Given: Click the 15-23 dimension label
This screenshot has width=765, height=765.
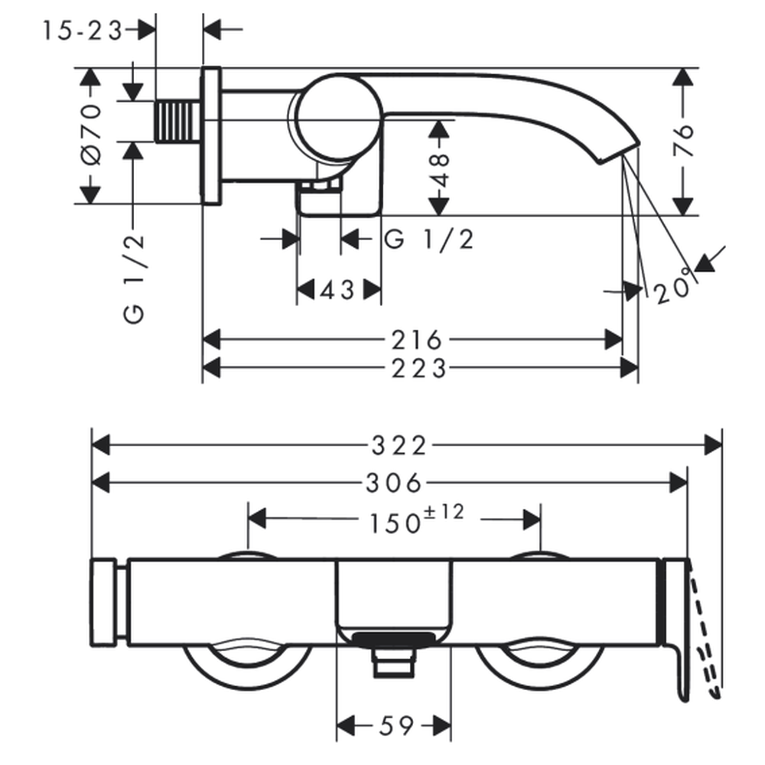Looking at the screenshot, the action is point(83,31).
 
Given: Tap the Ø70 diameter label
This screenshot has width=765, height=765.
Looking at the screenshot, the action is point(91,134).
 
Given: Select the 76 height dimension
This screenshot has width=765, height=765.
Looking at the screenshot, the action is point(683,141).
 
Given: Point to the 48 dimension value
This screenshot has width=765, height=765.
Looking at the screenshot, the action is point(440,171).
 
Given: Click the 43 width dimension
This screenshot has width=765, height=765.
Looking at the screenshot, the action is point(337,291).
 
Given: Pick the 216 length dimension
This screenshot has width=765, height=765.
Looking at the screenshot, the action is point(417,340).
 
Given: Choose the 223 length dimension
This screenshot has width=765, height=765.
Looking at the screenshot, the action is point(419,369).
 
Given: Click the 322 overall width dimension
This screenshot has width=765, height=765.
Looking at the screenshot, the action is point(399,445).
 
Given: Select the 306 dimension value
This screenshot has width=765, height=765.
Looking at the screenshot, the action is point(393,483).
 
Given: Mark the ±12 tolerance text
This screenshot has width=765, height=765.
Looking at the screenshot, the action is point(444,513).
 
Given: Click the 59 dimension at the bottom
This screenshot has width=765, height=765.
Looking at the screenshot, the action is point(396,726).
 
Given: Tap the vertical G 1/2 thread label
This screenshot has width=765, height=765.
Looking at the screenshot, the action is point(134,278).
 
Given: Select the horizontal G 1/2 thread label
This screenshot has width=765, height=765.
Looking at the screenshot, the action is point(429,239).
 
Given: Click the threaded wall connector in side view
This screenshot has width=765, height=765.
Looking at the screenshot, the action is point(178,122).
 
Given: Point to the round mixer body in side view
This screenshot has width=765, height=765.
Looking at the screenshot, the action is point(339,118).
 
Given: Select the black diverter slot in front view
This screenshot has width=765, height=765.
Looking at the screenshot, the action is point(393,639).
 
